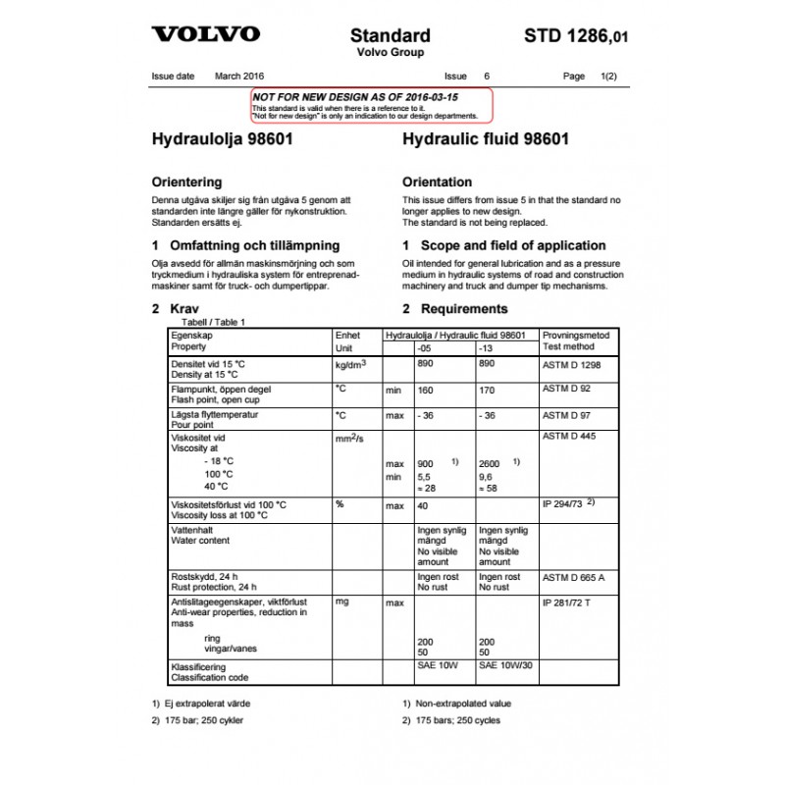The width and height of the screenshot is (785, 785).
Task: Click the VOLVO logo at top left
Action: click(x=205, y=34)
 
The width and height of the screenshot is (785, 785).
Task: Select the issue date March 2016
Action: click(x=239, y=76)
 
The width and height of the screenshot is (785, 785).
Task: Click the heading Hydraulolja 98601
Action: click(x=222, y=139)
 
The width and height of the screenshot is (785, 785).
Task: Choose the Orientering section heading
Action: click(x=186, y=183)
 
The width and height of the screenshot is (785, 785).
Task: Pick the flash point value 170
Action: click(x=486, y=390)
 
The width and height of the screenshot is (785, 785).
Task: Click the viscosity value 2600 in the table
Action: click(x=490, y=463)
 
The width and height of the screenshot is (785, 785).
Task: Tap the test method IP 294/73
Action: click(x=564, y=503)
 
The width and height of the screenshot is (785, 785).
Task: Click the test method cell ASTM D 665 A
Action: click(x=574, y=577)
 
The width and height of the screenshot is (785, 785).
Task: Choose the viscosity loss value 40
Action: click(x=424, y=506)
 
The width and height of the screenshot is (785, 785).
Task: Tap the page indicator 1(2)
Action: click(x=608, y=76)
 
